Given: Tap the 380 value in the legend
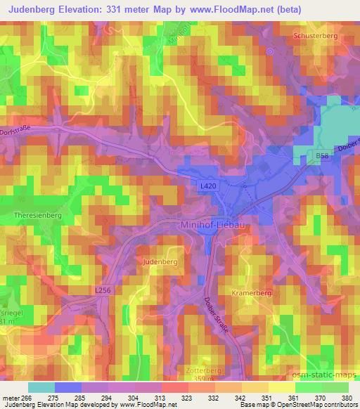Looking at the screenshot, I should [347, 398].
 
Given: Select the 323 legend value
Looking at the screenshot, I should [187, 398].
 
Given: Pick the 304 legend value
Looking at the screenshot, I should [134, 398].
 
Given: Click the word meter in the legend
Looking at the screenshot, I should [11, 398].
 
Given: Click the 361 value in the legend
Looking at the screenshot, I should [292, 398].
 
